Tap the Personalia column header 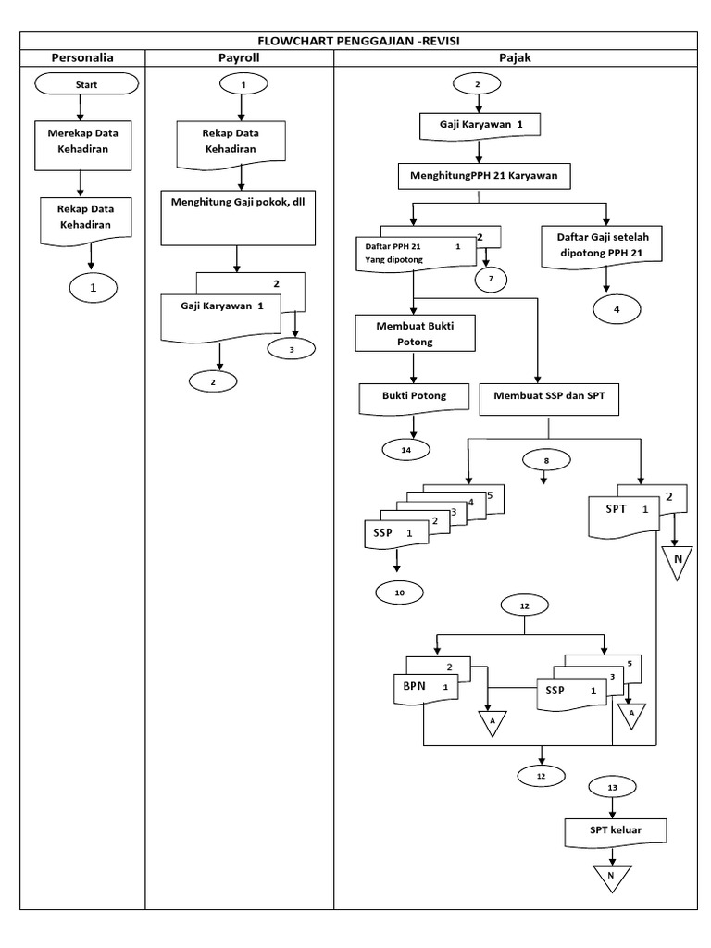(x=82, y=57)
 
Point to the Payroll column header (x=239, y=57)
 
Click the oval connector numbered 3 (x=292, y=349)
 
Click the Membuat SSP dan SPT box (x=550, y=396)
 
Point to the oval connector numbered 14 (x=405, y=449)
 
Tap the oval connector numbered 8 (x=546, y=459)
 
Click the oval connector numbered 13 (x=612, y=787)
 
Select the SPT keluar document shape (x=614, y=832)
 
